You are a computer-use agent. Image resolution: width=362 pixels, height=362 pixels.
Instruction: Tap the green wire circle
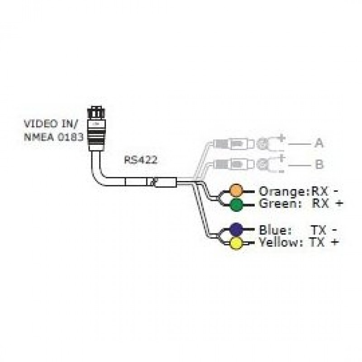pyautogui.click(x=236, y=205)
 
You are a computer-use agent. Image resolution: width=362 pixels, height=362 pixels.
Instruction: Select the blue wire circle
pyautogui.click(x=236, y=229)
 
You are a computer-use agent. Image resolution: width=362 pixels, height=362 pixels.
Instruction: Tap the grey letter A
pyautogui.click(x=319, y=144)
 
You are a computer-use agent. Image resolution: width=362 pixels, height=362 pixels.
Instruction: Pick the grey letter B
pyautogui.click(x=319, y=164)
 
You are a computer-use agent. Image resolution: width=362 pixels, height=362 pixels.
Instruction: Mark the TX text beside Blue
pyautogui.click(x=318, y=229)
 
